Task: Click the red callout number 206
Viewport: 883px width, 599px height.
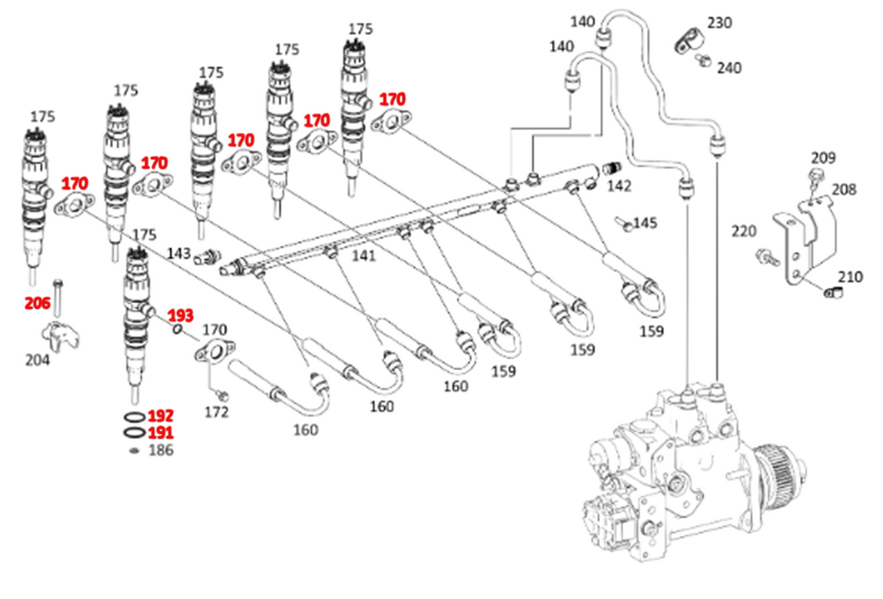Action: (x=38, y=304)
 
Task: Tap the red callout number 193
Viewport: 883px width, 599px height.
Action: (x=181, y=315)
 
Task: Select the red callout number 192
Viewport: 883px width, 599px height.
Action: (x=161, y=416)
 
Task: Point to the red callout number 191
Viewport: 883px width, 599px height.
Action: (x=161, y=433)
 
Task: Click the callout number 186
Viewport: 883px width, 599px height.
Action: (x=161, y=450)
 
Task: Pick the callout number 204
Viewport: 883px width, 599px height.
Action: (x=36, y=360)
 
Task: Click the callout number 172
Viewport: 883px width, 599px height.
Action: (x=216, y=413)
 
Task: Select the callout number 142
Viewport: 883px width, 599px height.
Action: (x=620, y=186)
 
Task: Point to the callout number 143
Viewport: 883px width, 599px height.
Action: (x=180, y=253)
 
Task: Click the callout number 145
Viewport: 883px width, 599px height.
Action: (x=645, y=222)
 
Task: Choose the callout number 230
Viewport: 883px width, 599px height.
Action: (x=720, y=23)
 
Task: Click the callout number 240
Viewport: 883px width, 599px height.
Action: (x=728, y=68)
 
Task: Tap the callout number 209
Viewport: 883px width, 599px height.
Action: (x=823, y=158)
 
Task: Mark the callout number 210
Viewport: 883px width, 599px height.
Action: (x=850, y=278)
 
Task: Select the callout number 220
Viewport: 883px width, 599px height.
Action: (x=744, y=231)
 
